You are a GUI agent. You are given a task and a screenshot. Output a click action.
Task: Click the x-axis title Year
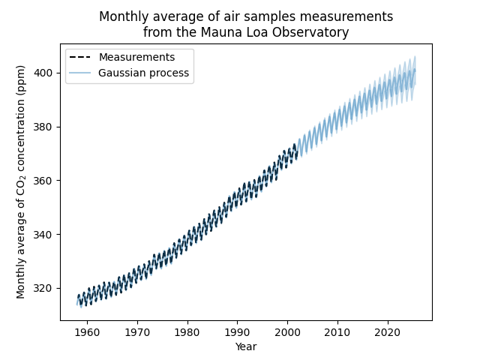click(246, 346)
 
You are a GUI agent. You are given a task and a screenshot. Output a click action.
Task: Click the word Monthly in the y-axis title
click(21, 277)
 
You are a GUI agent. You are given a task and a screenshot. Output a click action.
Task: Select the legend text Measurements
click(136, 58)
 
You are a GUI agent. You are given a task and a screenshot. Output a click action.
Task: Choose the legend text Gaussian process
click(143, 73)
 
